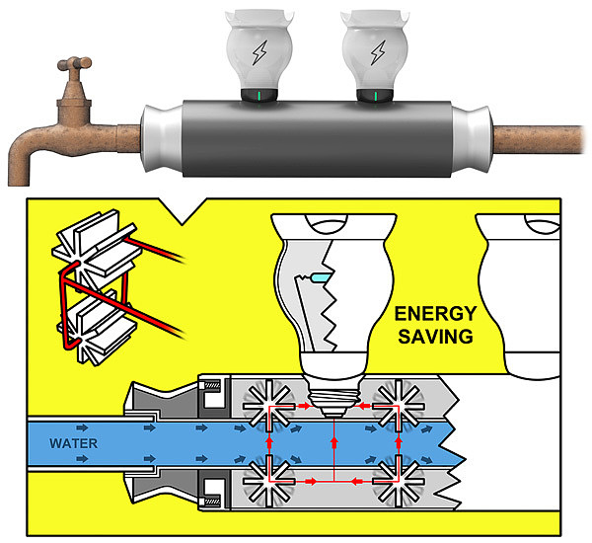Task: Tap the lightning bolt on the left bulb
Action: click(259, 51)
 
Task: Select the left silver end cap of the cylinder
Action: click(161, 137)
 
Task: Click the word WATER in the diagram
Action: click(73, 443)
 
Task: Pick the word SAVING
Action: click(435, 337)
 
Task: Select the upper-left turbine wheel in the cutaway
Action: click(265, 404)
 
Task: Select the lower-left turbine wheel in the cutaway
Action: click(265, 482)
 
